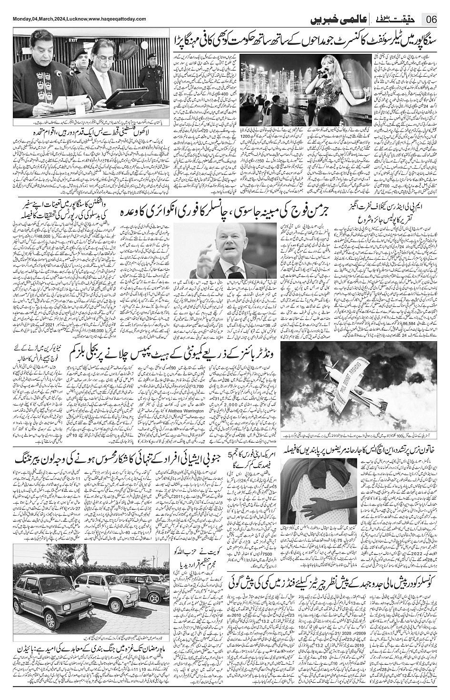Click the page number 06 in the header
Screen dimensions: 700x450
432,20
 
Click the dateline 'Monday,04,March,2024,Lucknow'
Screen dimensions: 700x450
45,19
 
